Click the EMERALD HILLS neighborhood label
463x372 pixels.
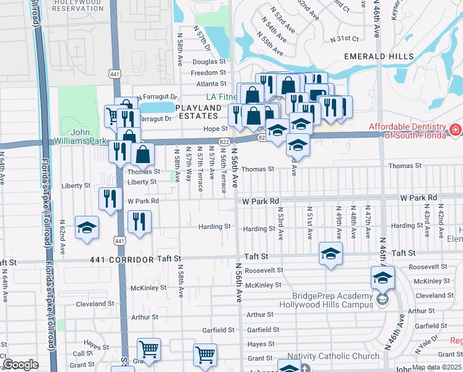(x=379, y=56)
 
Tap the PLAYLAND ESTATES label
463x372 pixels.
(x=198, y=112)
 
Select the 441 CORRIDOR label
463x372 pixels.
(x=121, y=259)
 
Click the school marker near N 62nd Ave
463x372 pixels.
(x=87, y=228)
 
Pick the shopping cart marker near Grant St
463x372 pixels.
(x=205, y=355)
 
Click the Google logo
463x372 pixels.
(x=20, y=365)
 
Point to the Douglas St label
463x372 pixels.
(x=209, y=62)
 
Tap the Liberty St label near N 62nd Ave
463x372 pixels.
(x=76, y=185)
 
